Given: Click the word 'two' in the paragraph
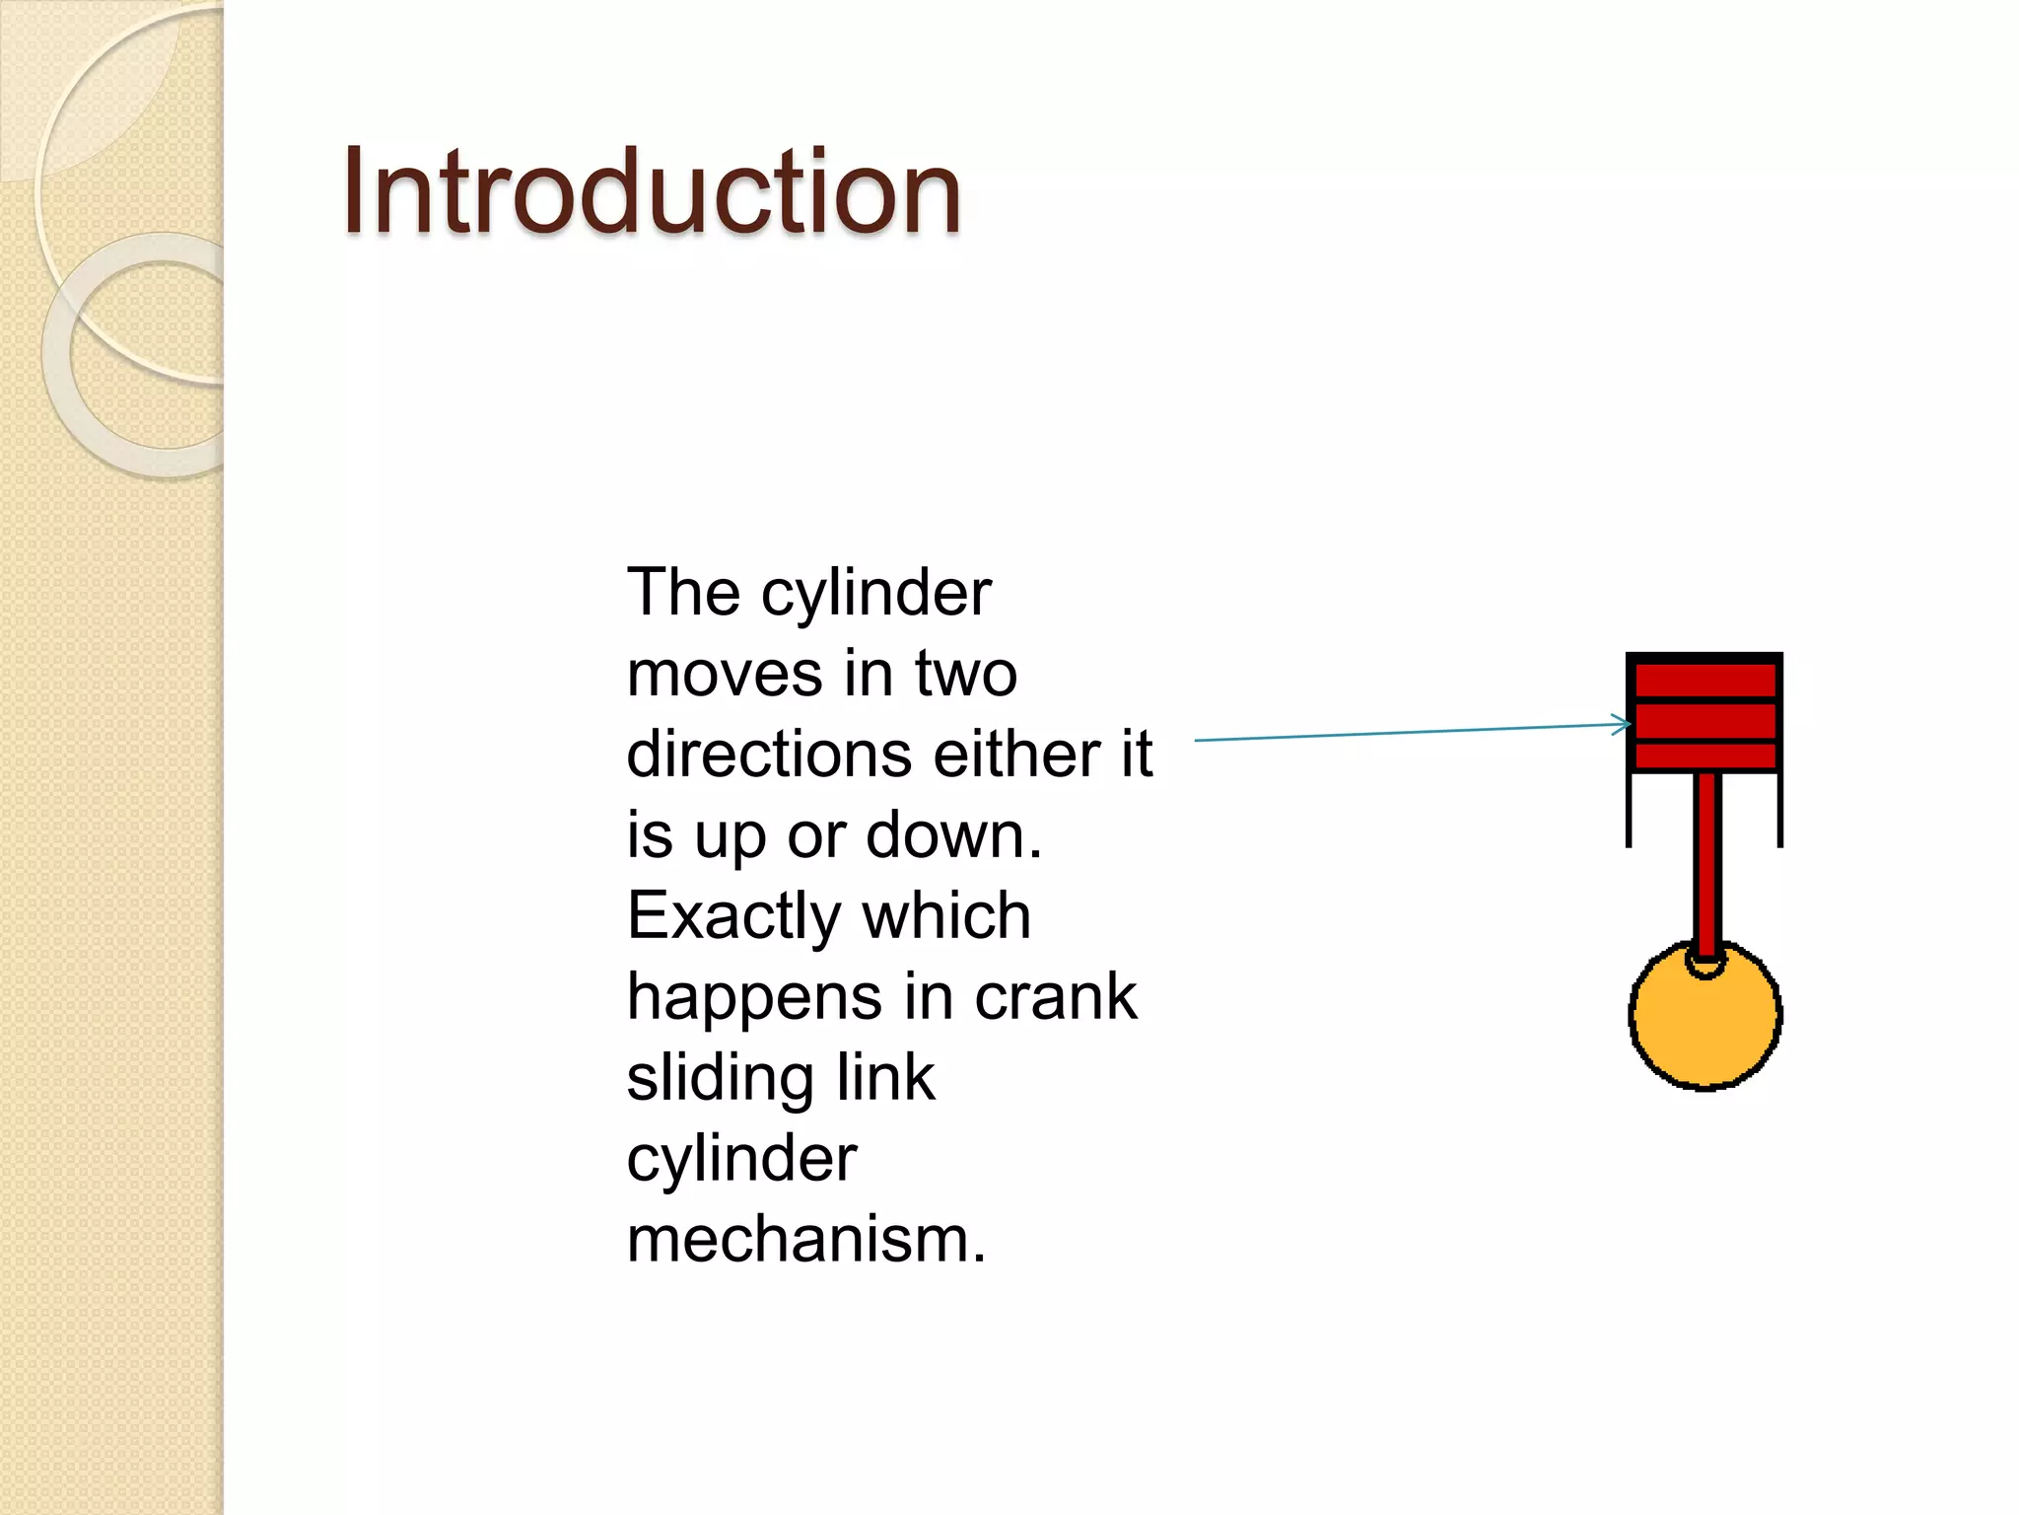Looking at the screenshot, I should point(965,675).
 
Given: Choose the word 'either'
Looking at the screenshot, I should point(1015,756).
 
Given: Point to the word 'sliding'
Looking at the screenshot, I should point(720,1079).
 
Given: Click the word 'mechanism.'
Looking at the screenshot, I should point(805,1240).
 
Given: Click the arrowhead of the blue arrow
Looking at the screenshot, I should point(1622,725).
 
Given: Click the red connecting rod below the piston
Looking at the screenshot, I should point(1707,858).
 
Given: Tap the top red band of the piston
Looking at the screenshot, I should point(1705,680).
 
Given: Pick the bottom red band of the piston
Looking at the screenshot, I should point(1705,757).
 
